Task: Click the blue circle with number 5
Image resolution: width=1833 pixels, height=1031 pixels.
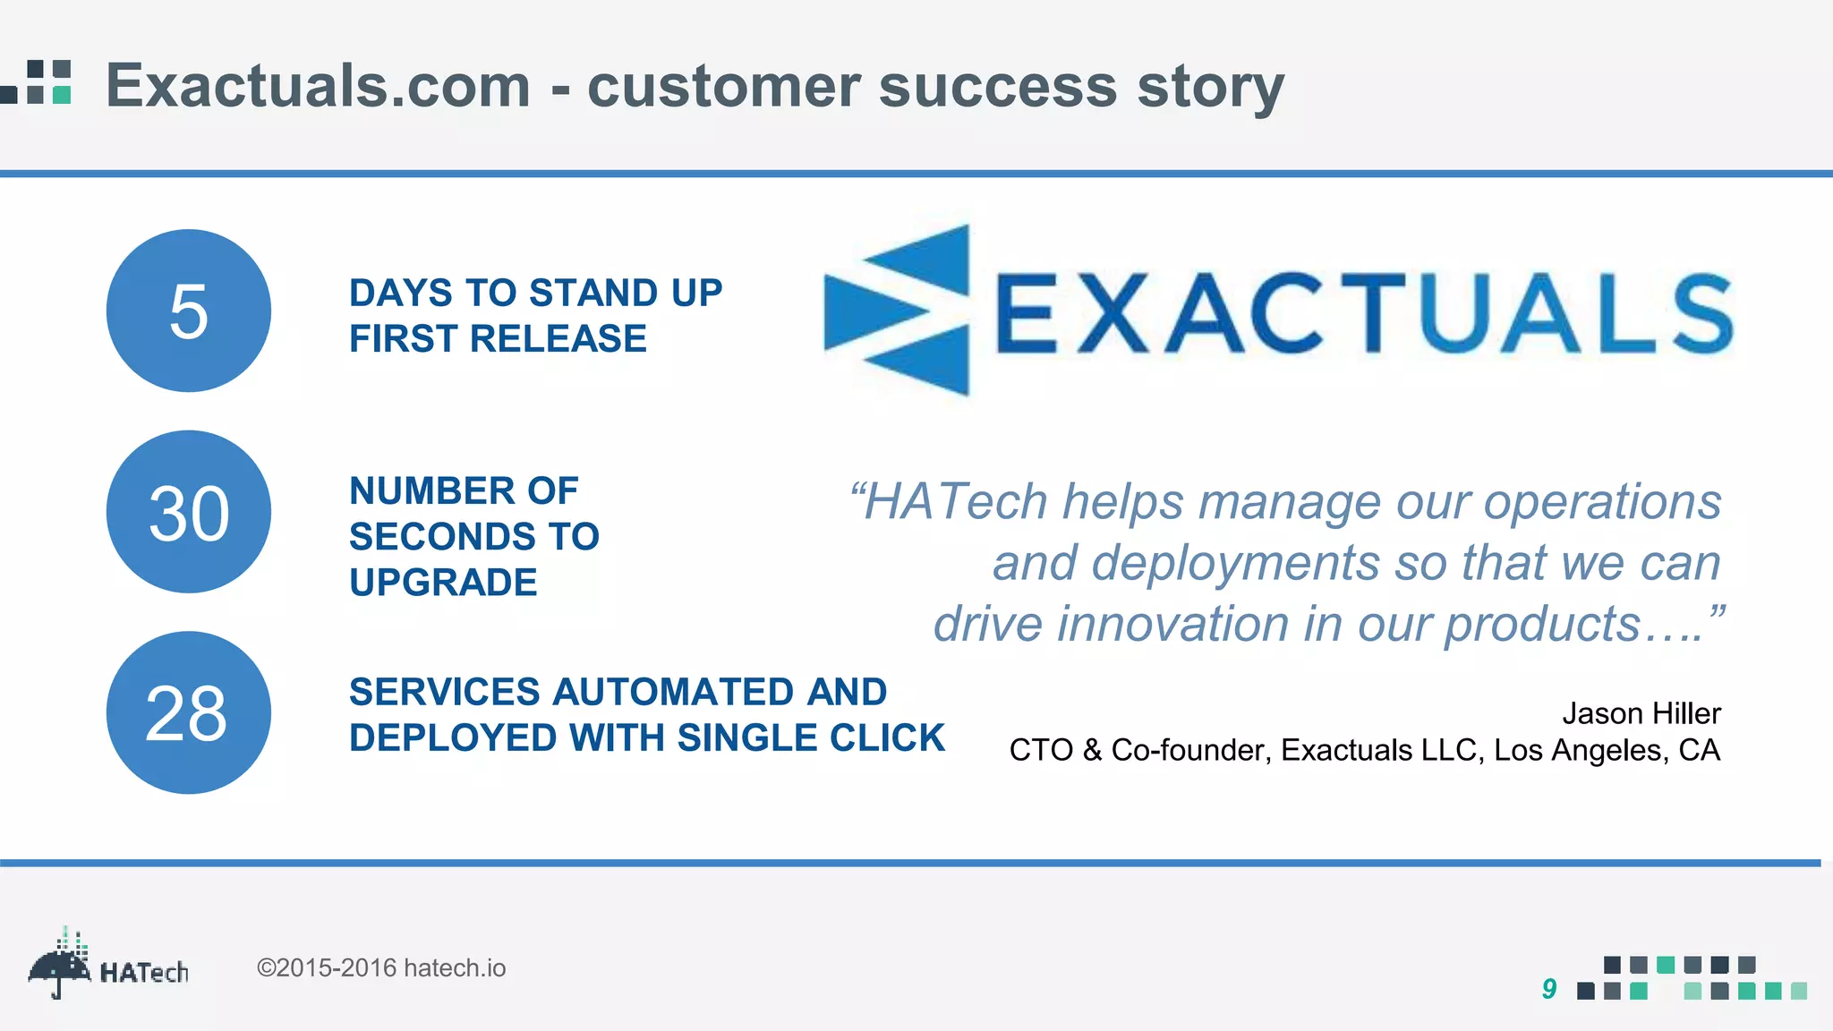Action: tap(188, 311)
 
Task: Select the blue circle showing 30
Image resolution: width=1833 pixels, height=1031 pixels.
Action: tap(188, 512)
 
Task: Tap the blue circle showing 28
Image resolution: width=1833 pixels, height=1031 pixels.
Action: tap(188, 712)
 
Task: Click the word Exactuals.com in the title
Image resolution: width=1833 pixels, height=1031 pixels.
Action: tap(318, 86)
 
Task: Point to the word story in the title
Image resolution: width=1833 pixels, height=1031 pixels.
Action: tap(1210, 86)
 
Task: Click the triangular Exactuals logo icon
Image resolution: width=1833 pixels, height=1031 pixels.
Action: tap(898, 310)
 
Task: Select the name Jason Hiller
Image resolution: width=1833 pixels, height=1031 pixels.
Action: tap(1641, 713)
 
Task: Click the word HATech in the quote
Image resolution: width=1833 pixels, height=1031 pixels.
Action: tap(956, 501)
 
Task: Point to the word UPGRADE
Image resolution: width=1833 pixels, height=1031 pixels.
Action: tap(443, 583)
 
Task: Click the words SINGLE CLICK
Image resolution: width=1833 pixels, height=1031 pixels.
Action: tap(811, 738)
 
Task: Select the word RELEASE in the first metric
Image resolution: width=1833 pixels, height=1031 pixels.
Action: tap(558, 339)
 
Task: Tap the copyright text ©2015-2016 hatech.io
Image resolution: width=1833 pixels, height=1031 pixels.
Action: tap(381, 968)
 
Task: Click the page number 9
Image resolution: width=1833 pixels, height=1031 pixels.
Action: tap(1549, 989)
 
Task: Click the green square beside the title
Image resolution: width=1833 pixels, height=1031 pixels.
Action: tap(62, 95)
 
